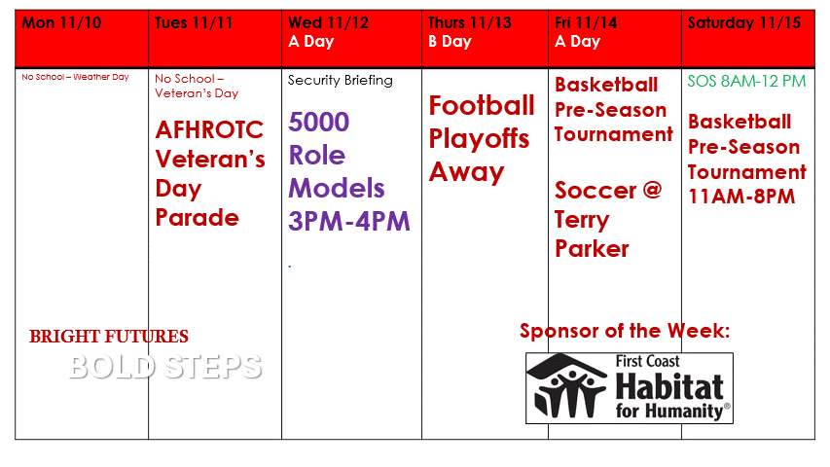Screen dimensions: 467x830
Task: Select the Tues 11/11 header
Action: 194,23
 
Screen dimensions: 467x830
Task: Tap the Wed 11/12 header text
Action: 328,23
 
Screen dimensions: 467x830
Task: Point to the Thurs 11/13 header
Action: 469,23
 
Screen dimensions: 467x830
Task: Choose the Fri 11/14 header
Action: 592,23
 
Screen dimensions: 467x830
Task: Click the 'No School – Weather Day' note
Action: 75,77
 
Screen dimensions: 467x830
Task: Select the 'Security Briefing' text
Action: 340,80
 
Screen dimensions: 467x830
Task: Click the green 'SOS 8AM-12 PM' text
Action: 746,82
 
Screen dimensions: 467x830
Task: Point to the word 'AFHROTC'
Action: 209,129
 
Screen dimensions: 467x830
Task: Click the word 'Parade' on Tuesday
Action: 198,217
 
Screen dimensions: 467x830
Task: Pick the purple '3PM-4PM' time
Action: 349,221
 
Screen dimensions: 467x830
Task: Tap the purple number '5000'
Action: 318,123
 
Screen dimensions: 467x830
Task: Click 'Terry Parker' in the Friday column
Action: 592,234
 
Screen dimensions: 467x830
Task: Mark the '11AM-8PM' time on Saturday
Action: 740,197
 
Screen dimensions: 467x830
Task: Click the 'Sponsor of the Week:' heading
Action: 625,331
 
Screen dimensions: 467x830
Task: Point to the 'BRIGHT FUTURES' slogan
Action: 109,337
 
